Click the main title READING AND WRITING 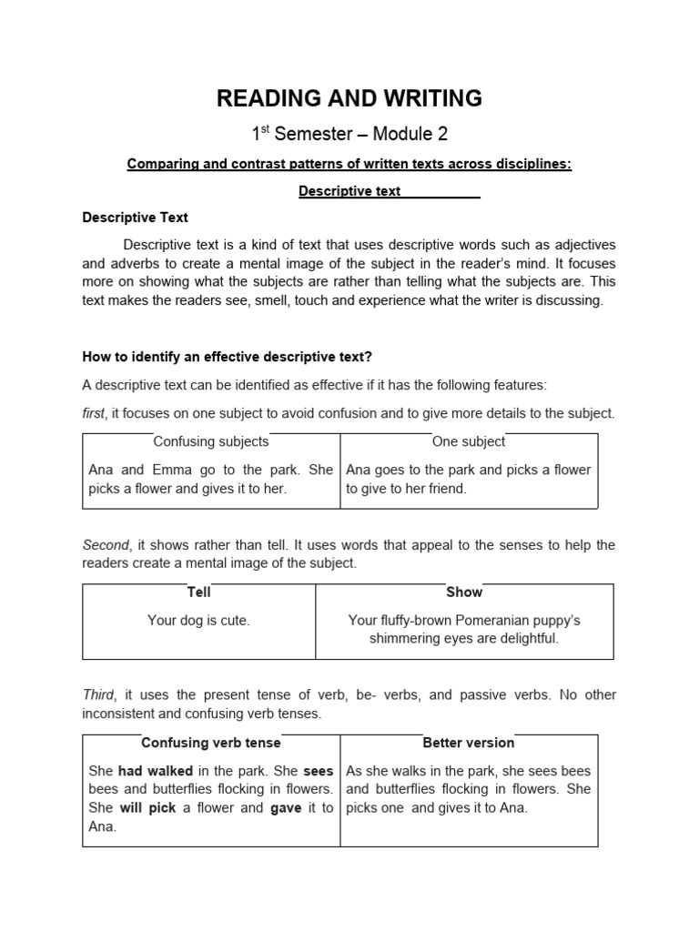pos(349,98)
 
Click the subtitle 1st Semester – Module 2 pos(349,134)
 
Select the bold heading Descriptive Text pos(135,218)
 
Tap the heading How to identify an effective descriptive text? pos(240,356)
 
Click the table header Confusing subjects pos(210,441)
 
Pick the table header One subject pos(468,441)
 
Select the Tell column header pos(198,592)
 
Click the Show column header pos(464,592)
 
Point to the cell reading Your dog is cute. pos(198,620)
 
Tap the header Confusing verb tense pos(210,743)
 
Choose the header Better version pos(468,743)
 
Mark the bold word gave pos(286,808)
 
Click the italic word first pos(93,413)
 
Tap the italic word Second pos(106,545)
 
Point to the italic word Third pos(99,694)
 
